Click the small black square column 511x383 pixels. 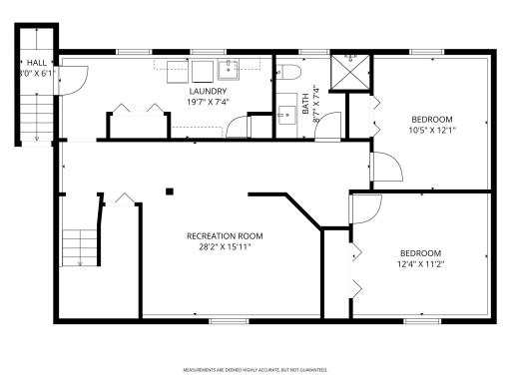point(170,191)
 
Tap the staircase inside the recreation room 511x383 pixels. point(80,246)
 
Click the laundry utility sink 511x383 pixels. point(229,69)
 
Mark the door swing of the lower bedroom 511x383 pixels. point(365,206)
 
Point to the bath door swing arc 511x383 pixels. point(331,125)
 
